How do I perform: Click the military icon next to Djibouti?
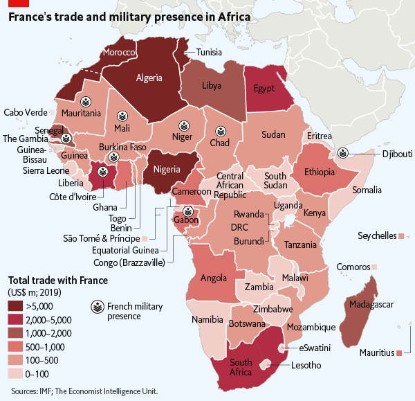[x=342, y=153]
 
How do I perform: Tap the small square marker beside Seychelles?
[x=401, y=236]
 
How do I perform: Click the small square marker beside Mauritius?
[x=400, y=353]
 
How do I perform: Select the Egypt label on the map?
[x=264, y=89]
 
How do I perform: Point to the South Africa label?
[x=241, y=368]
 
